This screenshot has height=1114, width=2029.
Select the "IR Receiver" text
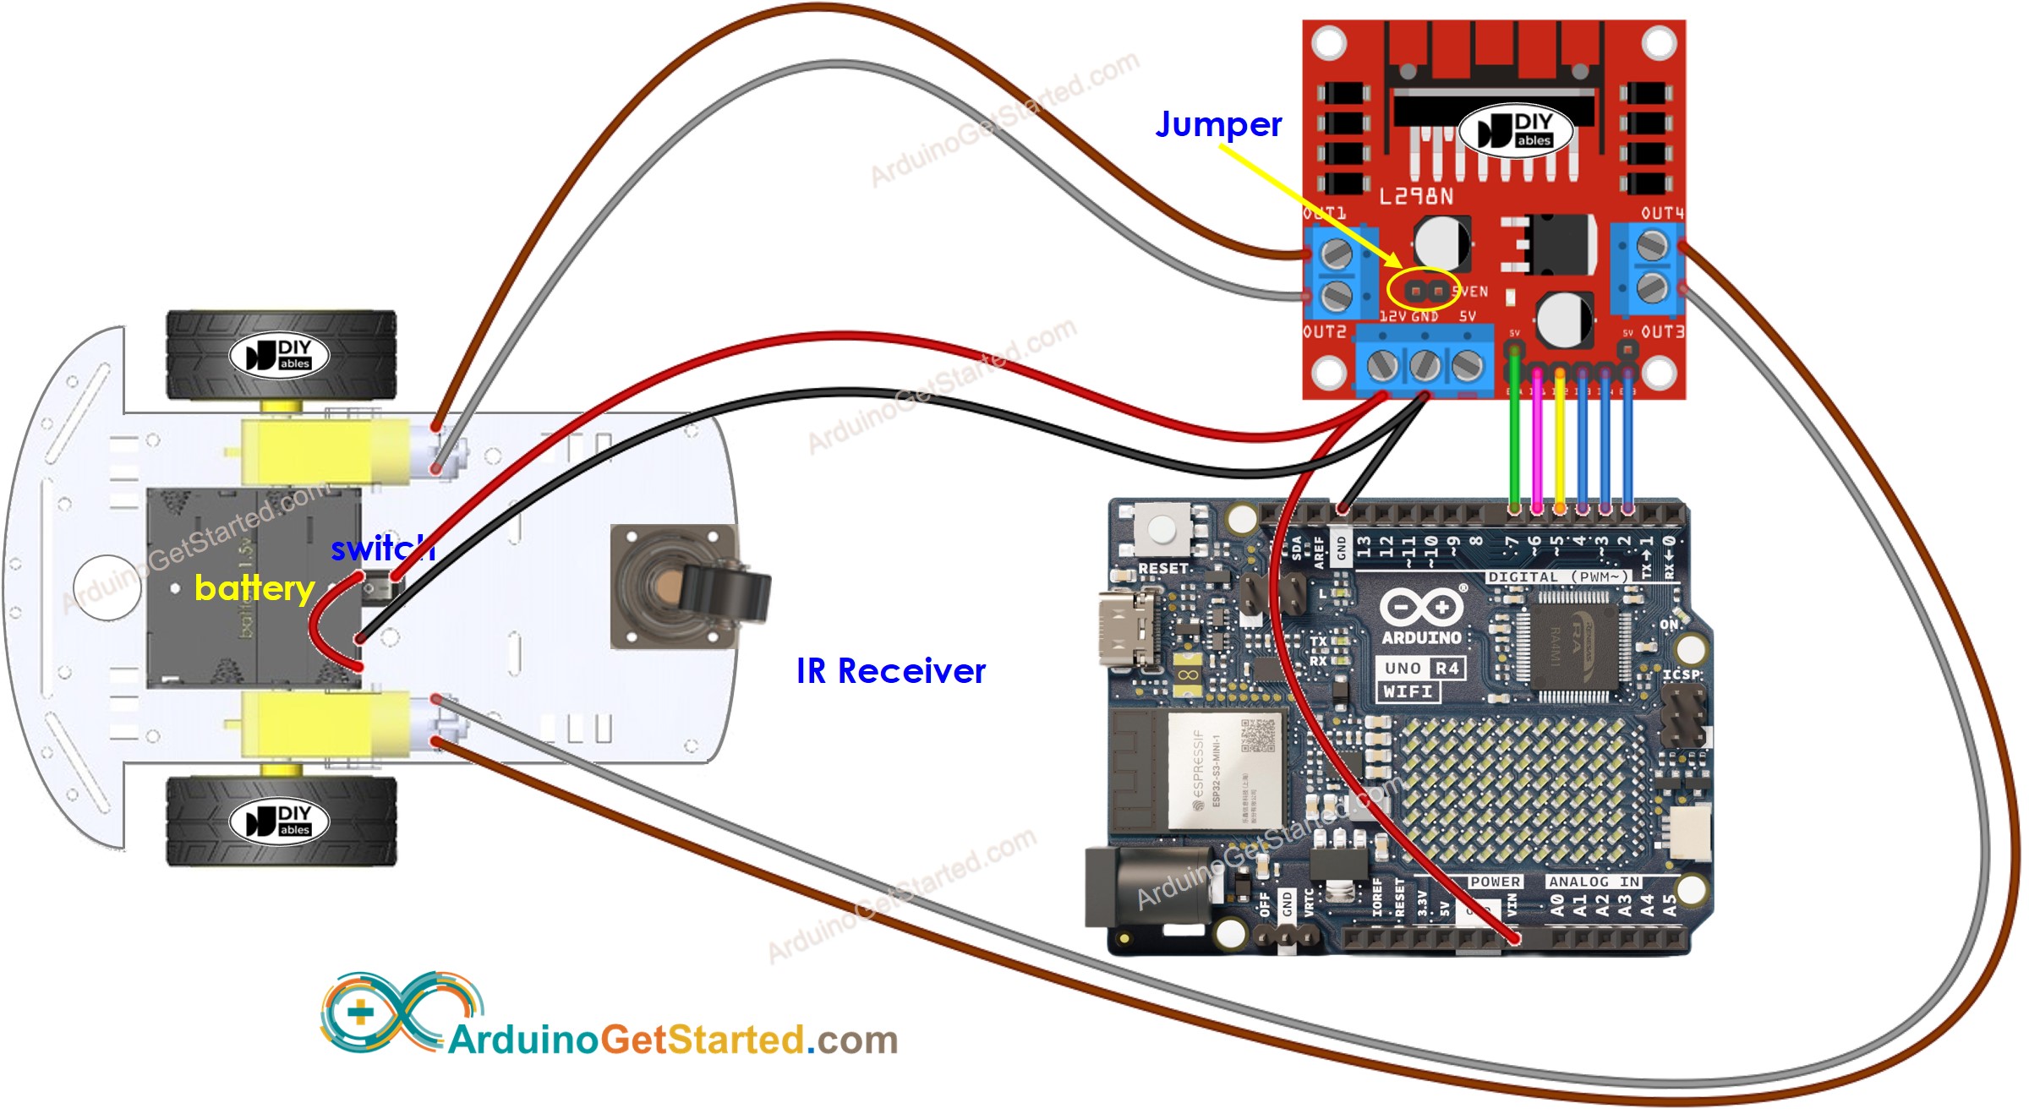(x=890, y=671)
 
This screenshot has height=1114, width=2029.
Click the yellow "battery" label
(x=254, y=588)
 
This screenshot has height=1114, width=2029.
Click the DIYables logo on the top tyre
(x=280, y=355)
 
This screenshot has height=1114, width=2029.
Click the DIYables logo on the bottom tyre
(x=280, y=821)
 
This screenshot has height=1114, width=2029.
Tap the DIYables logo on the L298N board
(x=1515, y=130)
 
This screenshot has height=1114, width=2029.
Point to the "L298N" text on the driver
(x=1416, y=197)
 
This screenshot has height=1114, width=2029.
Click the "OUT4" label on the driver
(x=1662, y=214)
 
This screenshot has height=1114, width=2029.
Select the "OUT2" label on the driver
(x=1325, y=332)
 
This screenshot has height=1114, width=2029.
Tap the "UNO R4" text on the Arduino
(x=1421, y=669)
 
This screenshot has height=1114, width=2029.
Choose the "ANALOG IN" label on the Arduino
(x=1594, y=882)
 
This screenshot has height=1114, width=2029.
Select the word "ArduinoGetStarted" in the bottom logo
(x=626, y=1040)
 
